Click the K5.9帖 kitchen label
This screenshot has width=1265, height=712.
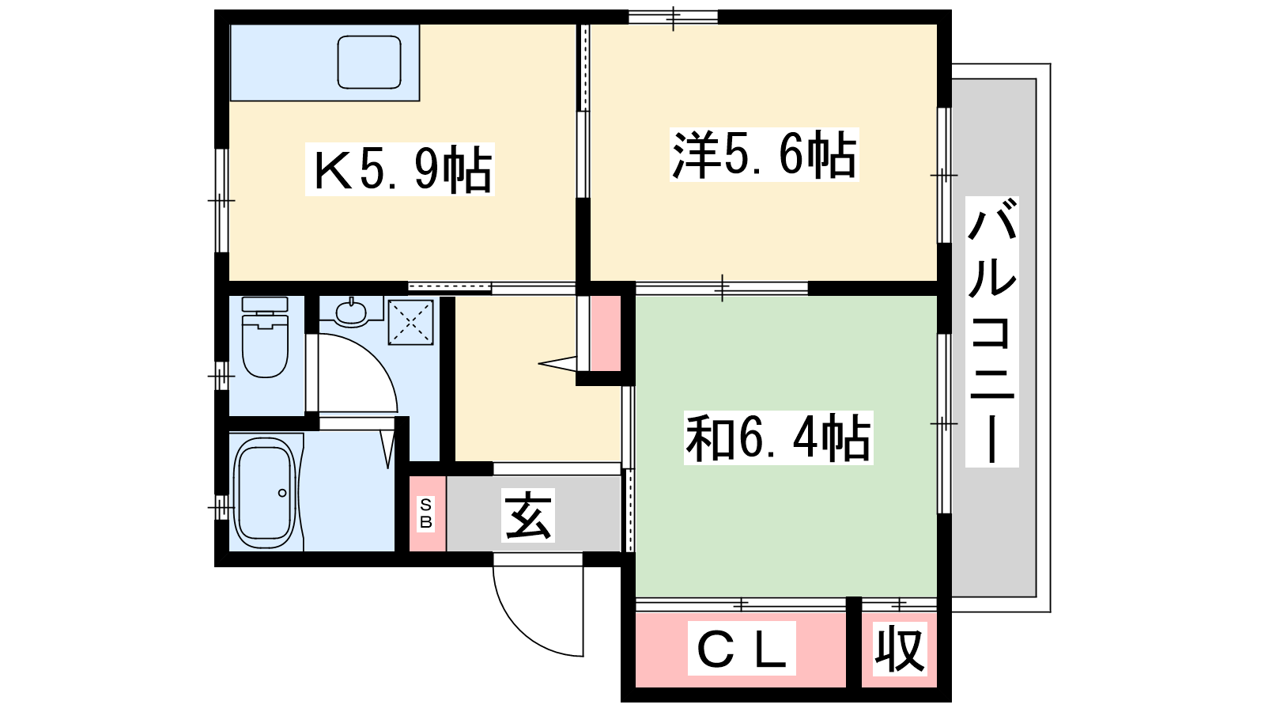tap(400, 169)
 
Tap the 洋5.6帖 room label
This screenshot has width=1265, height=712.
tap(764, 154)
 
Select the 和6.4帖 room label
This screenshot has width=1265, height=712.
tap(778, 438)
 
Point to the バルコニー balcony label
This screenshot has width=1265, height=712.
tap(991, 331)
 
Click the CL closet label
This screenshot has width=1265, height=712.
tap(742, 648)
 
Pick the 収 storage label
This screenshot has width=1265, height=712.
tap(900, 649)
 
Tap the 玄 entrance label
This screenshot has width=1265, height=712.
tap(528, 515)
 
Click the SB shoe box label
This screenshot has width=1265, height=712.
tap(426, 513)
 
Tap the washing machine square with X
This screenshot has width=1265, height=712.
tap(410, 322)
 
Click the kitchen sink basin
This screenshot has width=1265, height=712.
tap(369, 62)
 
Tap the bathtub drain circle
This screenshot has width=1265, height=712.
tap(282, 493)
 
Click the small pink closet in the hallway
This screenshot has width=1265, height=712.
tap(606, 333)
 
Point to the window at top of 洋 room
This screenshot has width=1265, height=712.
tap(673, 17)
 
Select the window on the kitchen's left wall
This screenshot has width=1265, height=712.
tap(222, 200)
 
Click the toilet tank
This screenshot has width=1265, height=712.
tap(265, 304)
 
